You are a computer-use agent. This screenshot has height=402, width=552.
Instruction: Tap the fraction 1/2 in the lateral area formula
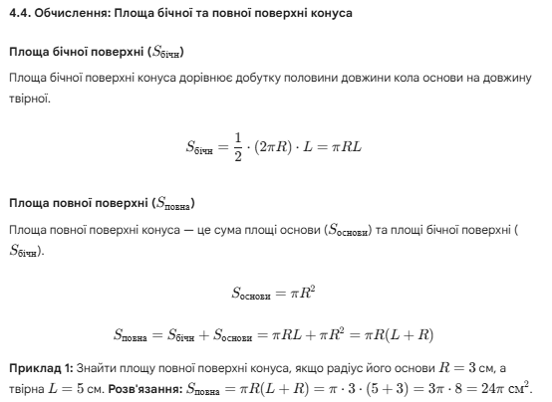tap(236, 146)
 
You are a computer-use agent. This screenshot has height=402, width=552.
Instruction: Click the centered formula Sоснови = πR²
tap(274, 293)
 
